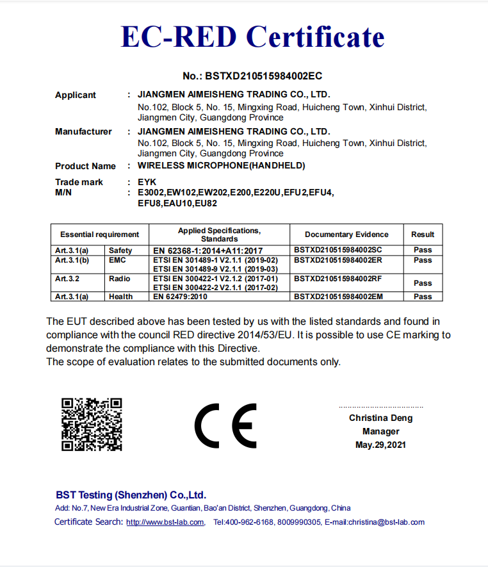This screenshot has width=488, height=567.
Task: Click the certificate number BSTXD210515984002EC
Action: click(x=252, y=76)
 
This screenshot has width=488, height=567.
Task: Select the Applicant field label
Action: click(x=76, y=95)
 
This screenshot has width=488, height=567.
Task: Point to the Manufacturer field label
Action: click(x=83, y=132)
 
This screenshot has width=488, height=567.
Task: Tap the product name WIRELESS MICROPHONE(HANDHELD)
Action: click(x=222, y=166)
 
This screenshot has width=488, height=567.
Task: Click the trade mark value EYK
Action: click(x=147, y=183)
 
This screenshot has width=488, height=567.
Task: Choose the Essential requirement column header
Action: click(x=99, y=234)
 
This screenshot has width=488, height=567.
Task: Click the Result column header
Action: click(x=423, y=234)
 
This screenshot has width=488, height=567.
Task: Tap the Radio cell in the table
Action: click(x=120, y=279)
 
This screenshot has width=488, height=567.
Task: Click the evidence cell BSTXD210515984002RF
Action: click(x=338, y=279)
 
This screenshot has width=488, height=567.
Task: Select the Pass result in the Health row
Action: click(x=423, y=297)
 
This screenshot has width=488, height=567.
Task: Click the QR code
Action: click(x=91, y=424)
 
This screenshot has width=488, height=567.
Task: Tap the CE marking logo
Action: click(x=225, y=425)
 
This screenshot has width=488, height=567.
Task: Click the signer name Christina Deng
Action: click(x=380, y=418)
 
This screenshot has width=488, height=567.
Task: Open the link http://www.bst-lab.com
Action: click(x=165, y=522)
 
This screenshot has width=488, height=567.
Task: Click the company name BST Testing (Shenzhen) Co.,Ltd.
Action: click(x=131, y=495)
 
